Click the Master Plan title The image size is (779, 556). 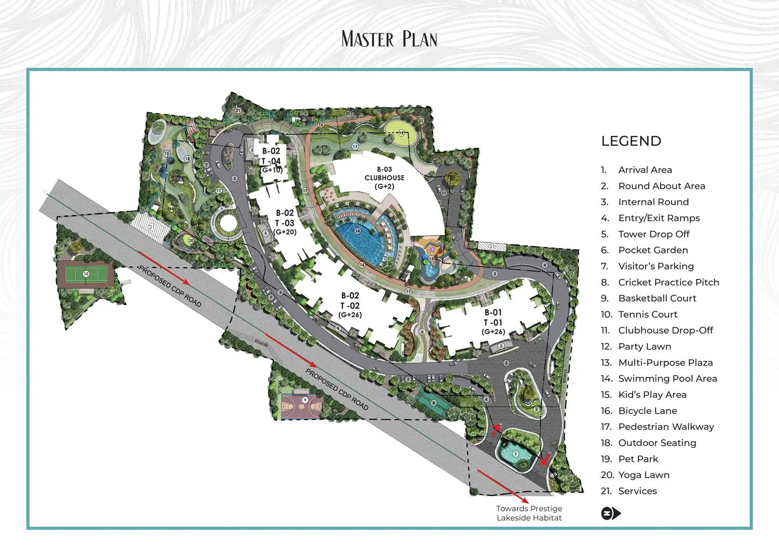pyautogui.click(x=389, y=39)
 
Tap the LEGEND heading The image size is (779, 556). pyautogui.click(x=631, y=141)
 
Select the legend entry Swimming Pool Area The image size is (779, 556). pyautogui.click(x=667, y=378)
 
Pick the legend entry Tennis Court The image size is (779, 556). pyautogui.click(x=648, y=314)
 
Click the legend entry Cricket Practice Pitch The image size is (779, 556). pyautogui.click(x=668, y=282)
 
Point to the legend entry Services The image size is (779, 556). pyautogui.click(x=637, y=491)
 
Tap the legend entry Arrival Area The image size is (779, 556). pyautogui.click(x=645, y=170)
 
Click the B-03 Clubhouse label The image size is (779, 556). pyautogui.click(x=384, y=178)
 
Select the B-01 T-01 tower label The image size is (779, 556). pyautogui.click(x=493, y=322)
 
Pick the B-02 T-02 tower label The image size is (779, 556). pyautogui.click(x=350, y=305)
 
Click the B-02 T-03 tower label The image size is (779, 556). pyautogui.click(x=285, y=222)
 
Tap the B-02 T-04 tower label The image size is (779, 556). pyautogui.click(x=271, y=160)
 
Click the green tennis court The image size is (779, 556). pyautogui.click(x=86, y=274)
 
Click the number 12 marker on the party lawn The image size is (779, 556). pyautogui.click(x=401, y=133)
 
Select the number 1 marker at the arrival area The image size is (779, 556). pyautogui.click(x=516, y=454)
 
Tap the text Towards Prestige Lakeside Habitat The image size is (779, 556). pyautogui.click(x=529, y=513)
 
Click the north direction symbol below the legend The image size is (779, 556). pyautogui.click(x=610, y=513)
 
